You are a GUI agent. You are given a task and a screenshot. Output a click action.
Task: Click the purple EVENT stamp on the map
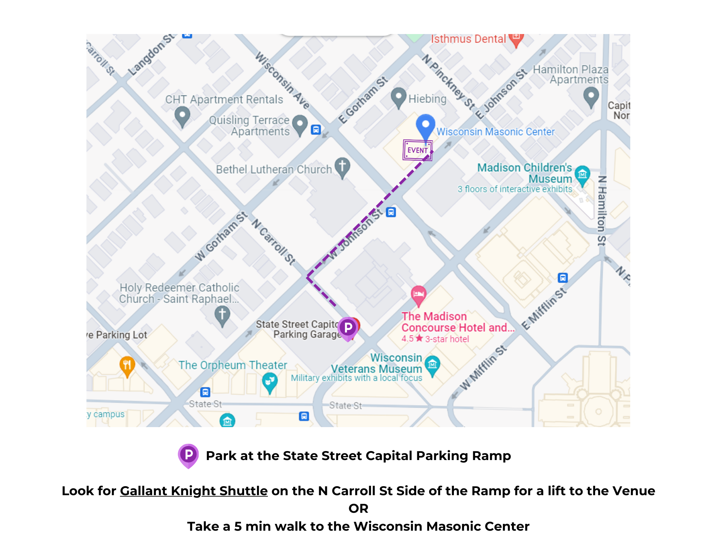coord(417,150)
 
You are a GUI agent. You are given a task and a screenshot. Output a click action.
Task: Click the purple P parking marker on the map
coord(348,328)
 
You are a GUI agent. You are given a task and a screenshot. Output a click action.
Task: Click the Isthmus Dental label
coord(468,39)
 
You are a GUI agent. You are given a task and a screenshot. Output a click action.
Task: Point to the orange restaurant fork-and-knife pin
coord(127,366)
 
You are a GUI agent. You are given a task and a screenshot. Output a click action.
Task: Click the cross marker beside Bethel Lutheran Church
coord(342,167)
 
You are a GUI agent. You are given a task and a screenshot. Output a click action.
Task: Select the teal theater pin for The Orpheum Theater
coord(270,382)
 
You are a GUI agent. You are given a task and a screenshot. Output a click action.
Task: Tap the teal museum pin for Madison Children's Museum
coord(582,175)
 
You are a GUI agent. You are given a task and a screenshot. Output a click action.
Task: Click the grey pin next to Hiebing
coord(398,97)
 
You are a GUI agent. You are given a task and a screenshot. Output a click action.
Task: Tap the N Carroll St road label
coord(274,242)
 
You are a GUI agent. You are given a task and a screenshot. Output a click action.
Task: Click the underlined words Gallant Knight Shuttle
coord(194,491)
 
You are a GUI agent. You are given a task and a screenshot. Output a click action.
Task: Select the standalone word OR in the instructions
coord(358,508)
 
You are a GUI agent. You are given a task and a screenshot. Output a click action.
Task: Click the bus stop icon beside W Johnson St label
coord(391,212)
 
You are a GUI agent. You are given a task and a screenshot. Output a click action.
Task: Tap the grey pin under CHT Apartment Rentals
coord(182,115)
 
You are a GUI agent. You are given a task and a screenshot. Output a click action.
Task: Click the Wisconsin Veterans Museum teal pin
coord(432,365)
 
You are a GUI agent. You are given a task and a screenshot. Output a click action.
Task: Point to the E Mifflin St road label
coord(544,308)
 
